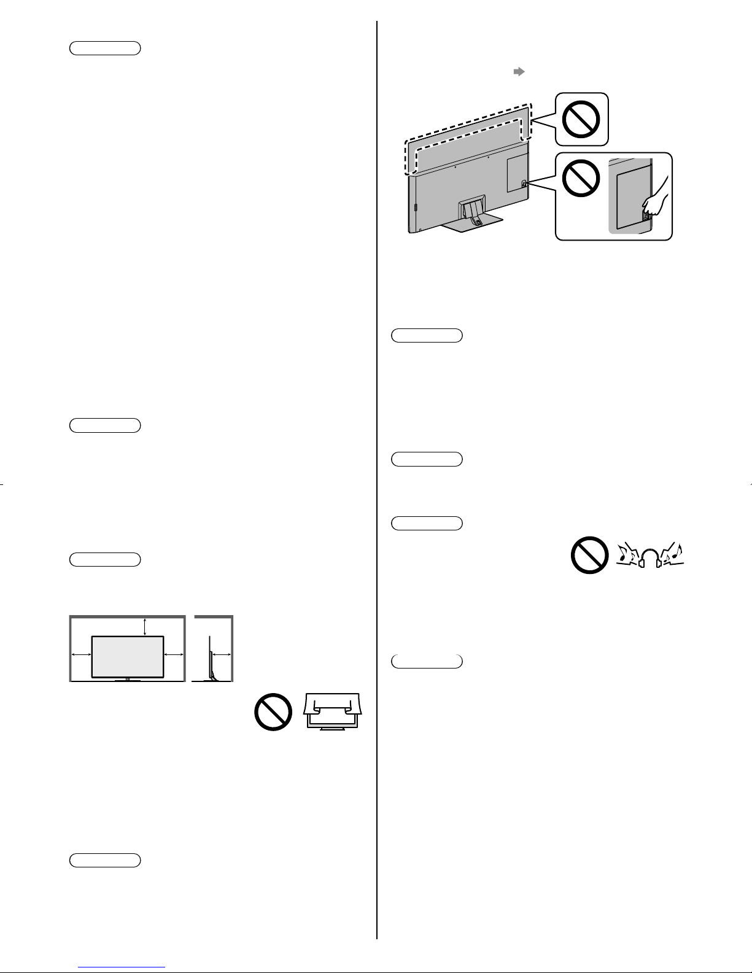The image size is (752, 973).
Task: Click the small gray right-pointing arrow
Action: pos(519,72)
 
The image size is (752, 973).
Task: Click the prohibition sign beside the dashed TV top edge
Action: pos(581,119)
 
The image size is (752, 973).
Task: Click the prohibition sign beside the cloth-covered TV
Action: pos(273,711)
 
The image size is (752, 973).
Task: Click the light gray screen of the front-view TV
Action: pos(128,656)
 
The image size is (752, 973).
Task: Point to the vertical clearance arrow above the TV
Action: pos(144,626)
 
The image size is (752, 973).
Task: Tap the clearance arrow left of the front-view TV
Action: pos(81,655)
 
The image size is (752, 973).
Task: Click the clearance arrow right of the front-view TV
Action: pos(174,655)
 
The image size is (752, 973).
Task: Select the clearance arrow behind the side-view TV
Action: pos(222,655)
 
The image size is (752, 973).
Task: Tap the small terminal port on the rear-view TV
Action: pos(523,182)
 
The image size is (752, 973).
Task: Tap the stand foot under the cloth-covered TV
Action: pos(332,728)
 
